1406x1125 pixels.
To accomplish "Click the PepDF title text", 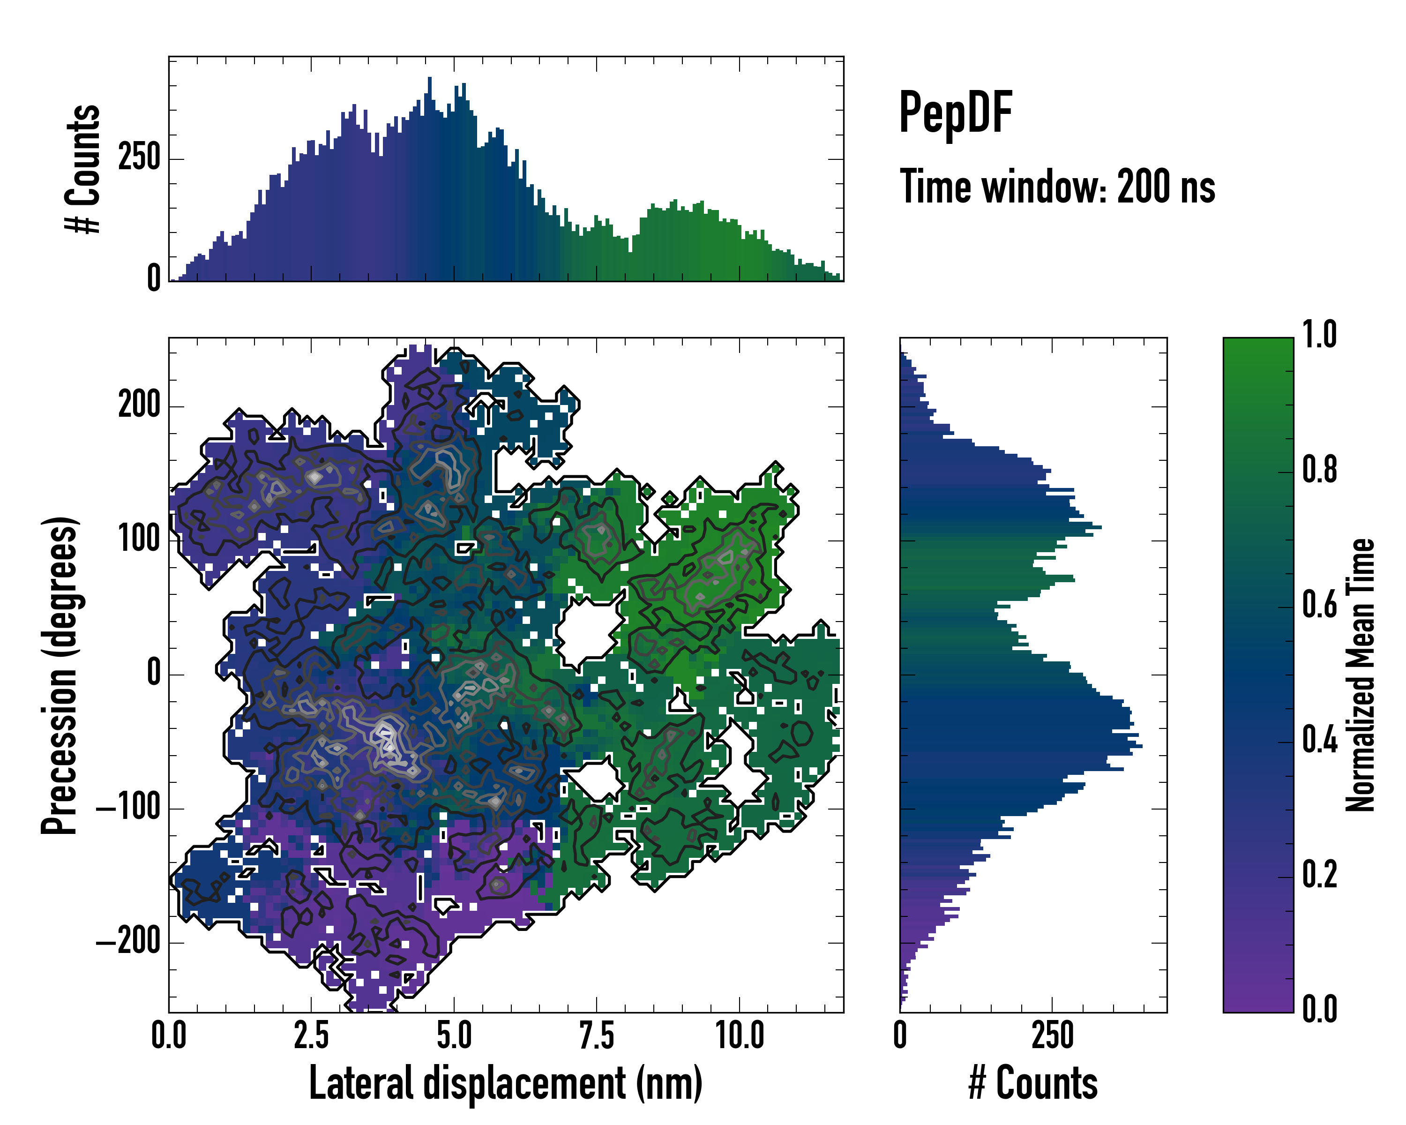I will click(955, 113).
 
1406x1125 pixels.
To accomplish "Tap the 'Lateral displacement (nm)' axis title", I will click(505, 1083).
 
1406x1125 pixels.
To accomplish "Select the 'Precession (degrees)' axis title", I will click(60, 675).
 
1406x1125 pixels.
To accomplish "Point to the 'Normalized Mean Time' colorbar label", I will click(1361, 675).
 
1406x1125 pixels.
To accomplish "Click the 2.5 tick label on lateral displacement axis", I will click(311, 1035).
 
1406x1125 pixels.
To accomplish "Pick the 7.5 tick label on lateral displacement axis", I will click(597, 1035).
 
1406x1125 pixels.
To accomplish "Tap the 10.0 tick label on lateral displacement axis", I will click(740, 1035).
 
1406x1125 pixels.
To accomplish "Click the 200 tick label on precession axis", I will click(139, 405).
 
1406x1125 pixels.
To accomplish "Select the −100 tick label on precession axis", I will click(128, 809).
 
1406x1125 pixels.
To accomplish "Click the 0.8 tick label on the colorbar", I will click(1319, 470).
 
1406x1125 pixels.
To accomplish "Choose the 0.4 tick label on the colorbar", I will click(1319, 740).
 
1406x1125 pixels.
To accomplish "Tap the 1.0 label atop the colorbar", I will click(1319, 335).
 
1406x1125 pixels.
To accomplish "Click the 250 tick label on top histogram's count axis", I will click(139, 158).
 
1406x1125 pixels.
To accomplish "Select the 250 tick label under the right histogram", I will click(1052, 1035).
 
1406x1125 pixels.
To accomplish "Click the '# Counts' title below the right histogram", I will click(1033, 1083).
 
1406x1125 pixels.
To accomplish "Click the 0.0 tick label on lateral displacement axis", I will click(169, 1035).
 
